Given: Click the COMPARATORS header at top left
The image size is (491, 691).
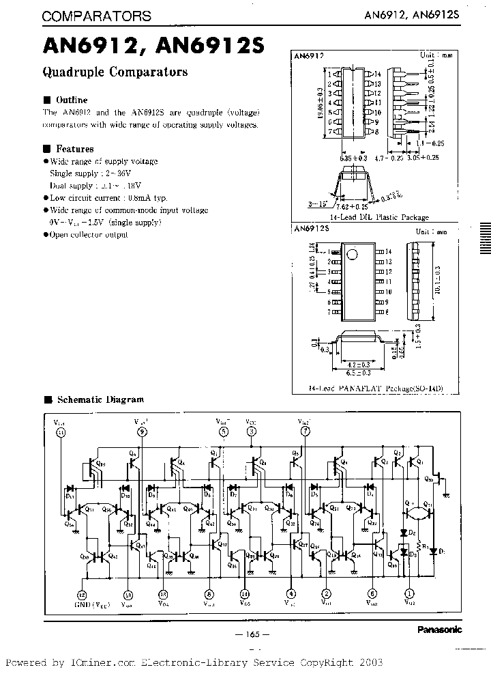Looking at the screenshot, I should (97, 16).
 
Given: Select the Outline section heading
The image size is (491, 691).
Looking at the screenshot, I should (72, 99).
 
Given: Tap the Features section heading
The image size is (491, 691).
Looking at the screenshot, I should (74, 148).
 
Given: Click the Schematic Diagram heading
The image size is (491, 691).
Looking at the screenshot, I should (100, 399).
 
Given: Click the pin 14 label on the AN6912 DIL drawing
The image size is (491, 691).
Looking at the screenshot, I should (376, 74).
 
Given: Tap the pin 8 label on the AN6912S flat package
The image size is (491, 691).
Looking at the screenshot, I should (387, 311).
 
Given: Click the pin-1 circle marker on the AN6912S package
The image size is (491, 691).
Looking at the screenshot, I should (352, 255).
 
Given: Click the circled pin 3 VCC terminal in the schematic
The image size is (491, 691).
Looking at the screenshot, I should (252, 432).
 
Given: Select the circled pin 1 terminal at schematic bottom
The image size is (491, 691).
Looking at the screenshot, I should (409, 594).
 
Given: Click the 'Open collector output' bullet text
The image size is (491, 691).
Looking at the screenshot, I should (89, 235).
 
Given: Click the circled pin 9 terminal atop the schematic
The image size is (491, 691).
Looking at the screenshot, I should (142, 432).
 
